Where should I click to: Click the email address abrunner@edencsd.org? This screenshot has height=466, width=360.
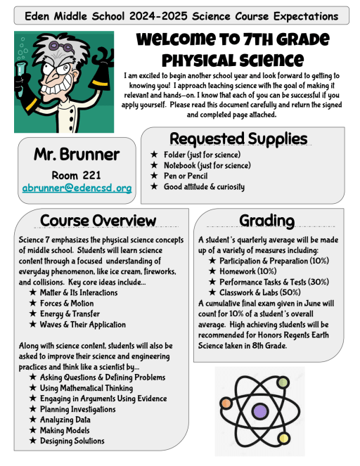click(x=77, y=188)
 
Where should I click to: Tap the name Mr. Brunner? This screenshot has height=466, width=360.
click(x=76, y=154)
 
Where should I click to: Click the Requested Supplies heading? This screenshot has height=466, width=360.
click(x=238, y=138)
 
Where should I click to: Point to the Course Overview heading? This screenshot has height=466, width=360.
click(x=98, y=221)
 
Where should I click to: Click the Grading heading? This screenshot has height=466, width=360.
click(x=266, y=221)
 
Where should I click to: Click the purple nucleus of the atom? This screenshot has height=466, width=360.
click(x=260, y=410)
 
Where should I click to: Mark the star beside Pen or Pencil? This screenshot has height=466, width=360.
click(x=154, y=176)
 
